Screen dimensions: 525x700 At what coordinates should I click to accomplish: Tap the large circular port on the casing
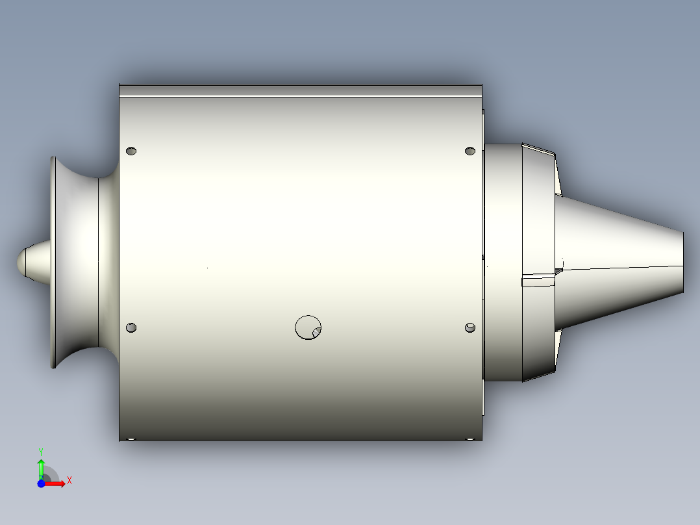308,327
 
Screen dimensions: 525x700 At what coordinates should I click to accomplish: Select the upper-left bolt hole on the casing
131,151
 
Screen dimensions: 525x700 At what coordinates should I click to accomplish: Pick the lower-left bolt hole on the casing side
131,327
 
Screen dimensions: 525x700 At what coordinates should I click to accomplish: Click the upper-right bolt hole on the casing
471,151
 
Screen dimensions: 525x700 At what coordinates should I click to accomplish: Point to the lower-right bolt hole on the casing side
471,327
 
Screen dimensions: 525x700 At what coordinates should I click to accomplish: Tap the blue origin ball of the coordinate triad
41,483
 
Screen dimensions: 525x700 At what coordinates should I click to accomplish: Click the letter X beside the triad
69,481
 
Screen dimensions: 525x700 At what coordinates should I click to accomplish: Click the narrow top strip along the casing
300,91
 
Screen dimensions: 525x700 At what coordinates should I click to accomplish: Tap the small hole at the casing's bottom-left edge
131,439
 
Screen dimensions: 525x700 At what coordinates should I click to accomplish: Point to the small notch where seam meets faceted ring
559,268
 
